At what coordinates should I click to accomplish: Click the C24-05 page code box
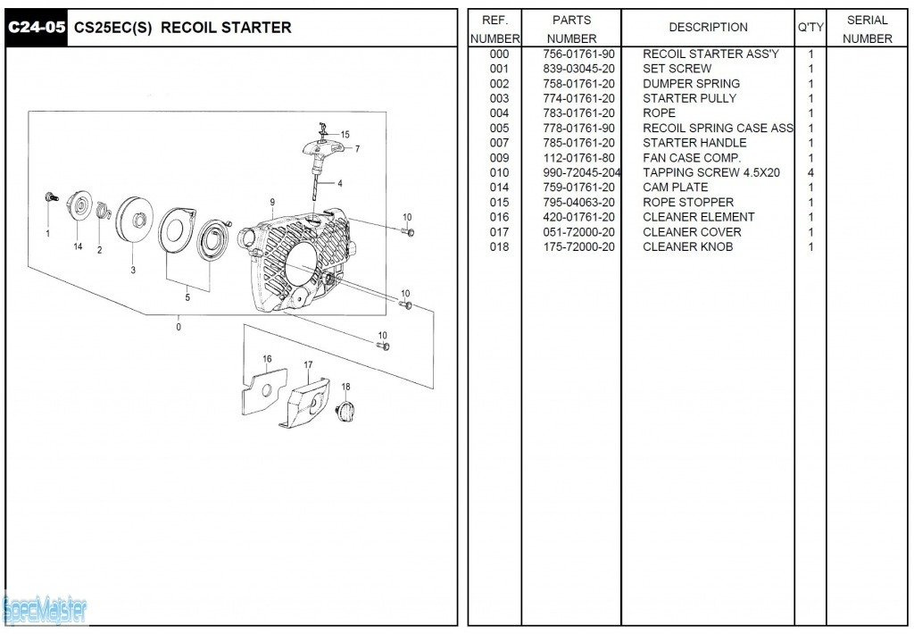pos(36,28)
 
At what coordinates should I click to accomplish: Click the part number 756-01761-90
pos(578,54)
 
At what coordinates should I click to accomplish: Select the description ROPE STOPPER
pos(688,203)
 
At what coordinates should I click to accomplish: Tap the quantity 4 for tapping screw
pos(810,172)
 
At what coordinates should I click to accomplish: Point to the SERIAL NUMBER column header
pos(867,29)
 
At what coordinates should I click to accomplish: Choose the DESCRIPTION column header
pos(708,28)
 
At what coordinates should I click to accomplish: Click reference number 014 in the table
pos(499,188)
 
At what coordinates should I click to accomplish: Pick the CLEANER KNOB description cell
pos(687,247)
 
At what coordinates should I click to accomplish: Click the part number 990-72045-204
pos(582,172)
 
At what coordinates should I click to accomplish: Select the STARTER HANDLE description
pos(694,143)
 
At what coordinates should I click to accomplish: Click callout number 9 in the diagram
pos(272,202)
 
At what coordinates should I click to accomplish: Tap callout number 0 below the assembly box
pos(179,327)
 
